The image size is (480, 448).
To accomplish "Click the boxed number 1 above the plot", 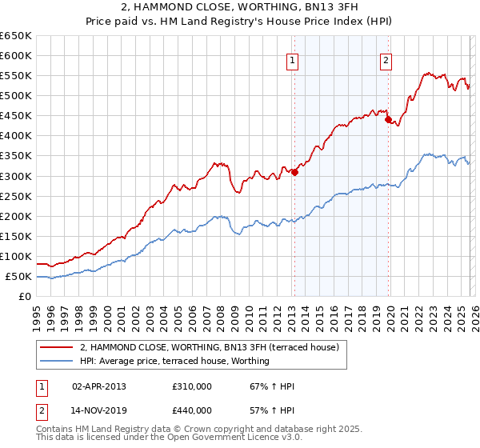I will [292, 60].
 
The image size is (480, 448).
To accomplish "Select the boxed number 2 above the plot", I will [386, 60].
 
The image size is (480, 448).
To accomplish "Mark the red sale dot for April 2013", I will [294, 171].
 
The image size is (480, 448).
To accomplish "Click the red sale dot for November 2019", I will [388, 120].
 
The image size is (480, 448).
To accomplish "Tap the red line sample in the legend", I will [57, 347].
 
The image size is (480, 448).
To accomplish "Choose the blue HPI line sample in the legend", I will [57, 361].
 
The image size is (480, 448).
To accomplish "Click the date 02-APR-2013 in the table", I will [99, 386].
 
